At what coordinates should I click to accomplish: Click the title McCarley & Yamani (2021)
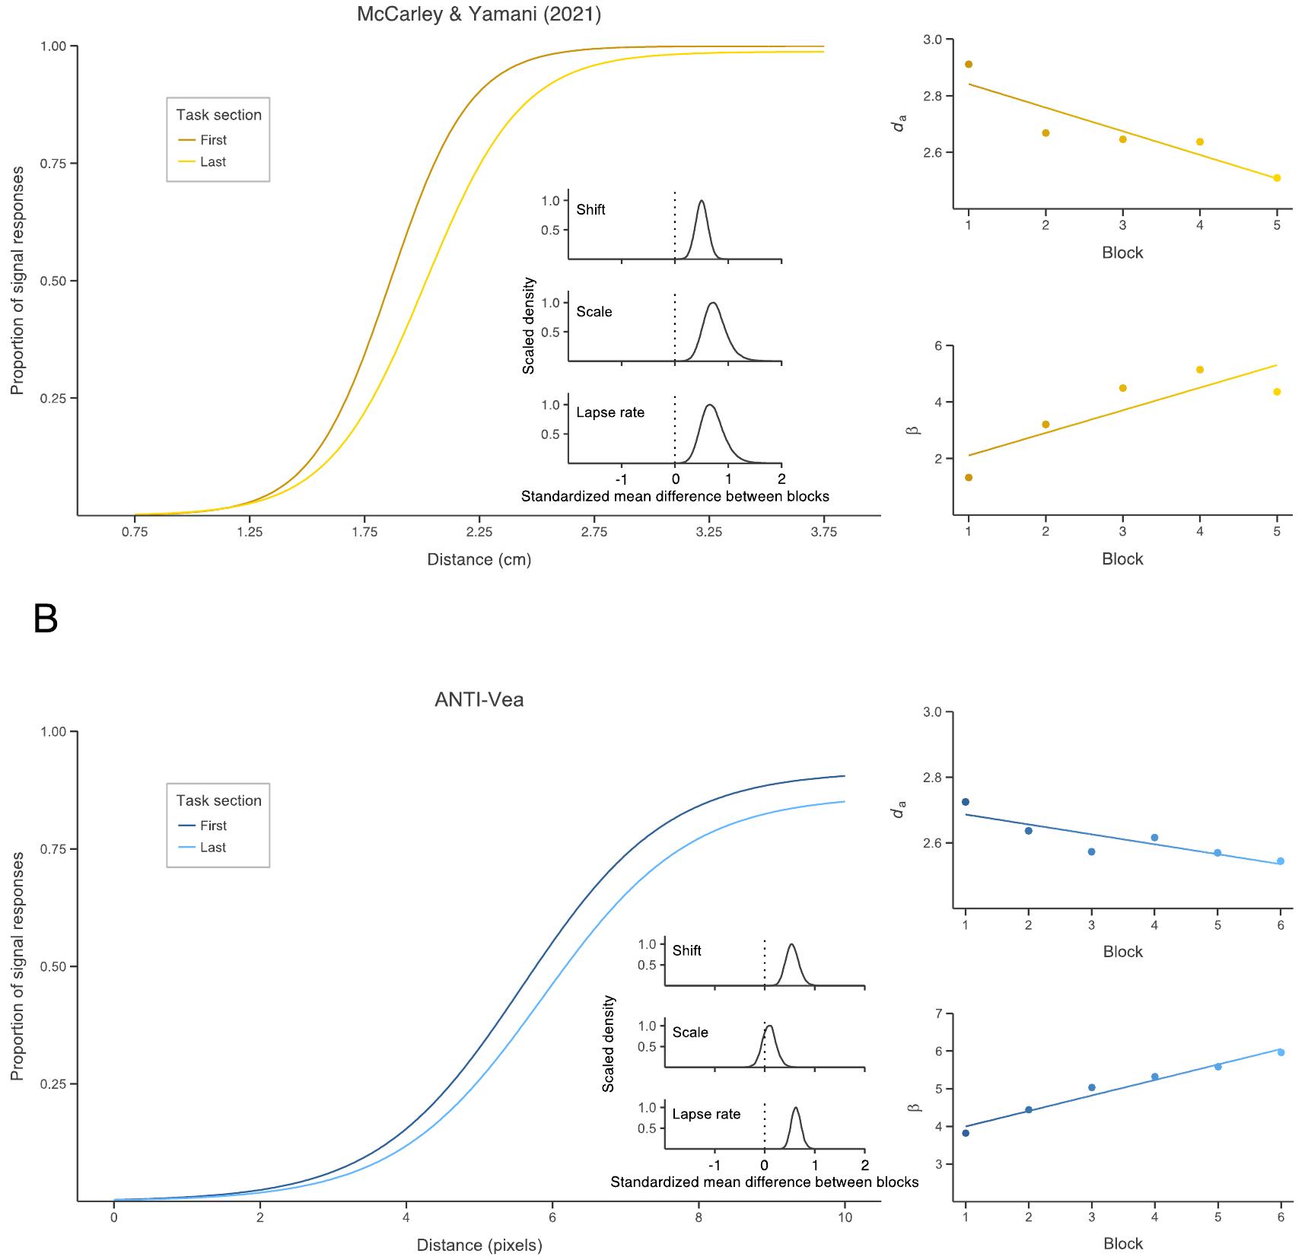pyautogui.click(x=479, y=14)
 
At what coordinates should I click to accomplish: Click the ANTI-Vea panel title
pyautogui.click(x=479, y=699)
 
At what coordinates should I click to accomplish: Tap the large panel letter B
pyautogui.click(x=46, y=620)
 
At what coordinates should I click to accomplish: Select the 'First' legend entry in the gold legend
pyautogui.click(x=213, y=140)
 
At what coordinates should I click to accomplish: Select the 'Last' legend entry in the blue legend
pyautogui.click(x=213, y=848)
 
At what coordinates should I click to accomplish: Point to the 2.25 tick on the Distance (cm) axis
pyautogui.click(x=479, y=532)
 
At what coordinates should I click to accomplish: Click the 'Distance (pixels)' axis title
pyautogui.click(x=479, y=1245)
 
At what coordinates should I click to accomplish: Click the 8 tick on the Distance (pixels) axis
pyautogui.click(x=699, y=1217)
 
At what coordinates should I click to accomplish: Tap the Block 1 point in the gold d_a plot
pyautogui.click(x=969, y=65)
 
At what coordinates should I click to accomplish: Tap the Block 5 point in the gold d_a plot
pyautogui.click(x=1277, y=178)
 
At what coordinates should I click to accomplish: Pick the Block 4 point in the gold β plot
pyautogui.click(x=1200, y=370)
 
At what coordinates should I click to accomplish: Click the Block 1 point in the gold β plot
pyautogui.click(x=969, y=478)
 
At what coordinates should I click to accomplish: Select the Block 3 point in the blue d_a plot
pyautogui.click(x=1092, y=851)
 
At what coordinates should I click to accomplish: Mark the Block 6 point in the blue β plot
pyautogui.click(x=1281, y=1052)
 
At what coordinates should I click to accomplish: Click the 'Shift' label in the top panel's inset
pyautogui.click(x=590, y=210)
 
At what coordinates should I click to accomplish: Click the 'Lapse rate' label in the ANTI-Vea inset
pyautogui.click(x=706, y=1114)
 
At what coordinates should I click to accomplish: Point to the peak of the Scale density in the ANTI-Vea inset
pyautogui.click(x=770, y=1026)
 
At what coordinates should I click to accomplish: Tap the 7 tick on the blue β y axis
pyautogui.click(x=939, y=1013)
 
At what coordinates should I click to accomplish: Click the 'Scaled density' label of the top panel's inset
pyautogui.click(x=529, y=326)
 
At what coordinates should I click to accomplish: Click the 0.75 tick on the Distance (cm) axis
pyautogui.click(x=135, y=532)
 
